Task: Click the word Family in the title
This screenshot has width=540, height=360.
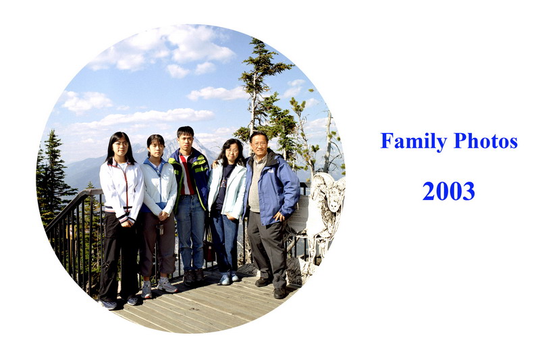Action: click(x=414, y=141)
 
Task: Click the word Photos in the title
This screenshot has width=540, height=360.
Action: click(x=485, y=140)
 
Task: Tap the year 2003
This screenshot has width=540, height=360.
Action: click(x=448, y=191)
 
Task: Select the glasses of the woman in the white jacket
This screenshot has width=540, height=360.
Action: click(x=122, y=144)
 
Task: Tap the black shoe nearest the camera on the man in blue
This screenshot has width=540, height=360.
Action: click(x=279, y=293)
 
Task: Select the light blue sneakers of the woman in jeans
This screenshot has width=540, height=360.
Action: click(x=229, y=278)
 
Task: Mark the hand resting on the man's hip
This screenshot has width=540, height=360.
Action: click(x=278, y=217)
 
